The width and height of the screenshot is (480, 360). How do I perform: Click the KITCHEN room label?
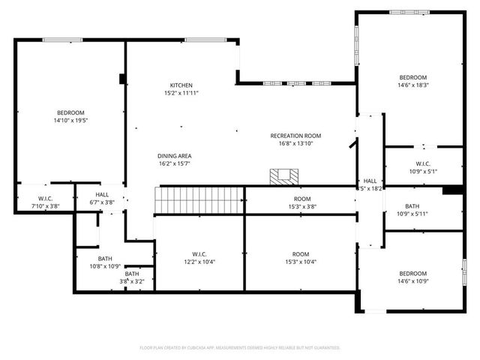click(x=181, y=85)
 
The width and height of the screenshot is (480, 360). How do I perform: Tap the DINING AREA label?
click(x=174, y=155)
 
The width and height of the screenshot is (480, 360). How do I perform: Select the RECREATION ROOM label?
click(x=295, y=136)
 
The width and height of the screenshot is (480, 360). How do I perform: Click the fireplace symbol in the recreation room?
click(x=284, y=176)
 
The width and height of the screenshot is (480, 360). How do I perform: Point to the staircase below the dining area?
click(x=199, y=199)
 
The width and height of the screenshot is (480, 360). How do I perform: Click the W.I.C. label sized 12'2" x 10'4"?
click(x=199, y=254)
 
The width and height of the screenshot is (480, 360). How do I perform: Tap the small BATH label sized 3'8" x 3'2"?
click(x=132, y=274)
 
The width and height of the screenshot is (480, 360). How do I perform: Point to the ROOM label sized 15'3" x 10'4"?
click(x=301, y=254)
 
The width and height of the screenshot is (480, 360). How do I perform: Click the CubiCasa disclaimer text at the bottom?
click(x=240, y=348)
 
